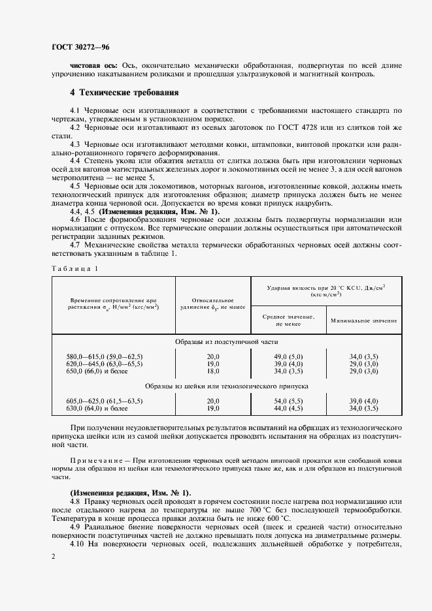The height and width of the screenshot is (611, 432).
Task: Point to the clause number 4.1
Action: point(75,111)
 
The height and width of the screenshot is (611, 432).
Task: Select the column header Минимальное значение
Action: point(363,321)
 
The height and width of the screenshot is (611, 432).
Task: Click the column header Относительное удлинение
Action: point(212,302)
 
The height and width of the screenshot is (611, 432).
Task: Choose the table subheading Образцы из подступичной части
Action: point(226,341)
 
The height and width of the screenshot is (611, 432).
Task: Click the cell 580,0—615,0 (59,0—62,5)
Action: point(105,356)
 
